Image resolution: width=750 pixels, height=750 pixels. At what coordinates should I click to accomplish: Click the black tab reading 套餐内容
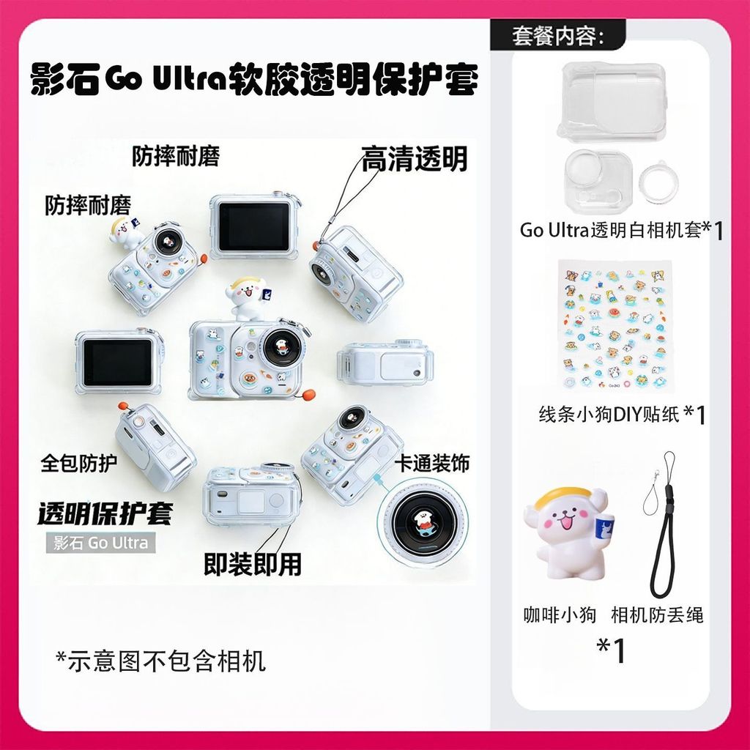(x=557, y=35)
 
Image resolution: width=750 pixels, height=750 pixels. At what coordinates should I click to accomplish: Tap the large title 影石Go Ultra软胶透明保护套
(x=254, y=79)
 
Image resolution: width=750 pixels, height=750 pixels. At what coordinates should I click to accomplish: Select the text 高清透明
(x=414, y=159)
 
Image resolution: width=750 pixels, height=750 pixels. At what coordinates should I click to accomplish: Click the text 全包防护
(x=79, y=463)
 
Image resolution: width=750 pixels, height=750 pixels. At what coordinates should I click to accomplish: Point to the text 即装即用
(x=253, y=564)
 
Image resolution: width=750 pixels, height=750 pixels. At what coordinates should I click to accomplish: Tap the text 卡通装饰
(x=432, y=463)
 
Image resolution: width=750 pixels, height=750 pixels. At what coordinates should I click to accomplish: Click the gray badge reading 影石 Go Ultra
(x=100, y=543)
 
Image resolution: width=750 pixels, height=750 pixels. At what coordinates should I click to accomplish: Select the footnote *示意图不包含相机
(x=160, y=661)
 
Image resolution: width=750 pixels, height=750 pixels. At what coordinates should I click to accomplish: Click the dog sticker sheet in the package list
(x=613, y=326)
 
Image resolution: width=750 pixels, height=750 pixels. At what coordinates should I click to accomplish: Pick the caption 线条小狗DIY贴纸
(x=609, y=415)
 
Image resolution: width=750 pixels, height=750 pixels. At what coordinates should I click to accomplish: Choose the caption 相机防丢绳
(x=657, y=615)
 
